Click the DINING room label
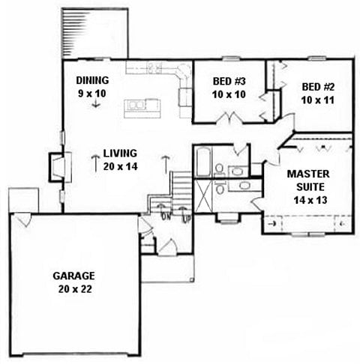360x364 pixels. pyautogui.click(x=92, y=80)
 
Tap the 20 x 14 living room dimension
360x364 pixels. pyautogui.click(x=120, y=166)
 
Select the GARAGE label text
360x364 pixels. pyautogui.click(x=73, y=276)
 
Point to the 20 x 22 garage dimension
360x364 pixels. pyautogui.click(x=75, y=289)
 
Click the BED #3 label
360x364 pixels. pyautogui.click(x=229, y=81)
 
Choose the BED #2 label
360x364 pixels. pyautogui.click(x=318, y=87)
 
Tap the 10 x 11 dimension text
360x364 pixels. pyautogui.click(x=318, y=100)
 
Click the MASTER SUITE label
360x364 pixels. pyautogui.click(x=308, y=181)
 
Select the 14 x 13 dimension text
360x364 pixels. pyautogui.click(x=310, y=200)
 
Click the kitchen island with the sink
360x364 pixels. pyautogui.click(x=142, y=109)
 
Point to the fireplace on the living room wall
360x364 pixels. pyautogui.click(x=60, y=166)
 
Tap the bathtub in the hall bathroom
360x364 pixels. pyautogui.click(x=202, y=162)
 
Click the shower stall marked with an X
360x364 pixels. pyautogui.click(x=203, y=196)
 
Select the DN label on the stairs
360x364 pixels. pyautogui.click(x=166, y=216)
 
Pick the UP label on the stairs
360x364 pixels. pyautogui.click(x=186, y=219)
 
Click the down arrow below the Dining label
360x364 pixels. pyautogui.click(x=96, y=103)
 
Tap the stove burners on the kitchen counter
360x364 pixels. pyautogui.click(x=154, y=67)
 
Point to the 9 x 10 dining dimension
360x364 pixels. pyautogui.click(x=92, y=94)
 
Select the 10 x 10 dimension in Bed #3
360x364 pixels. pyautogui.click(x=229, y=94)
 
